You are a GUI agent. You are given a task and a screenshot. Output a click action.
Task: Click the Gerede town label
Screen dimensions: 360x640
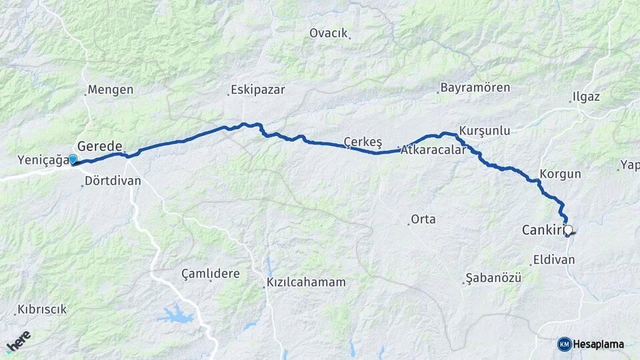[100, 146]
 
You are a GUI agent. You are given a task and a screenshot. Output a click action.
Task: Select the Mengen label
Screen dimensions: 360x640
[111, 89]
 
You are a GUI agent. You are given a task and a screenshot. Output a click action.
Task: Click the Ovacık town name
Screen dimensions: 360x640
[329, 33]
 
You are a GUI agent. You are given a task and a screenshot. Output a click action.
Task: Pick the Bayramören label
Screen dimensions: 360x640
[475, 88]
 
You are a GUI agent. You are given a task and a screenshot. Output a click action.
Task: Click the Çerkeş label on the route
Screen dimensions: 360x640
[362, 141]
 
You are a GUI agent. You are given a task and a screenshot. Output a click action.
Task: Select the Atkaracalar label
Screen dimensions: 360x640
[433, 150]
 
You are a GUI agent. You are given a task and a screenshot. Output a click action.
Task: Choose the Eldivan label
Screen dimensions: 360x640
[553, 260]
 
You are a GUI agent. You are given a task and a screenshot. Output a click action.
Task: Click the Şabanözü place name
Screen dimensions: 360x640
[493, 277]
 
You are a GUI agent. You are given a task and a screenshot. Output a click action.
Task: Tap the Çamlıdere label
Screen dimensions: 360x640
[210, 273]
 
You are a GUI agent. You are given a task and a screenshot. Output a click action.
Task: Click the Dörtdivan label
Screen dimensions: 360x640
[113, 181]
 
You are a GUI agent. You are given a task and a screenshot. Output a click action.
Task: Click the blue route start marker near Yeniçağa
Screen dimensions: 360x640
[73, 159]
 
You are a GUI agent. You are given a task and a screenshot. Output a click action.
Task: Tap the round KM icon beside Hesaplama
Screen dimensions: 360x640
[564, 344]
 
